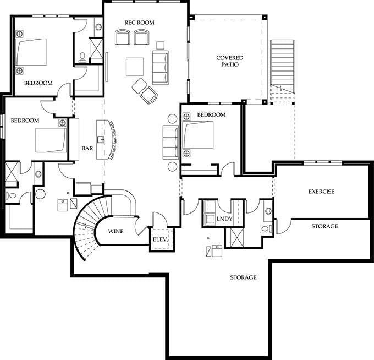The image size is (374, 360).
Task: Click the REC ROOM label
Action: click(x=139, y=23)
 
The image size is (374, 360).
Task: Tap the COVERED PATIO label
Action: click(x=230, y=61)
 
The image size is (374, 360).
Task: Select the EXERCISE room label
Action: click(x=321, y=192)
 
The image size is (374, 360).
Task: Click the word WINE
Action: click(x=116, y=231)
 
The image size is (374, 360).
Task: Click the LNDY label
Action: click(x=224, y=219)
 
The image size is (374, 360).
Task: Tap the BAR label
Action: click(x=87, y=148)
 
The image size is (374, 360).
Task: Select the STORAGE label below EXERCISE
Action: click(x=324, y=226)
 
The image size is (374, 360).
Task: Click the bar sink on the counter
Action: click(x=101, y=139)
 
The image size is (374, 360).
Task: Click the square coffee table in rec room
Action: click(x=135, y=67)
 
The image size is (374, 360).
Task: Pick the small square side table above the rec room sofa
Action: click(x=161, y=45)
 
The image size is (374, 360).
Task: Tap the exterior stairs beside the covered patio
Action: click(x=282, y=71)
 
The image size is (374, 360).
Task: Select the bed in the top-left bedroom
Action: click(x=31, y=52)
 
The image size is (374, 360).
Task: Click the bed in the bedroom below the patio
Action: click(x=198, y=135)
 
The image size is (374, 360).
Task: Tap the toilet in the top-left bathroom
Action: click(x=82, y=57)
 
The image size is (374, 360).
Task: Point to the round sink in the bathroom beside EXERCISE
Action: click(x=268, y=211)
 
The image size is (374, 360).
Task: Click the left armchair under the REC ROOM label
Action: click(x=122, y=37)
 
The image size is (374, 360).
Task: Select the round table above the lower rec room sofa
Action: click(x=172, y=119)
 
